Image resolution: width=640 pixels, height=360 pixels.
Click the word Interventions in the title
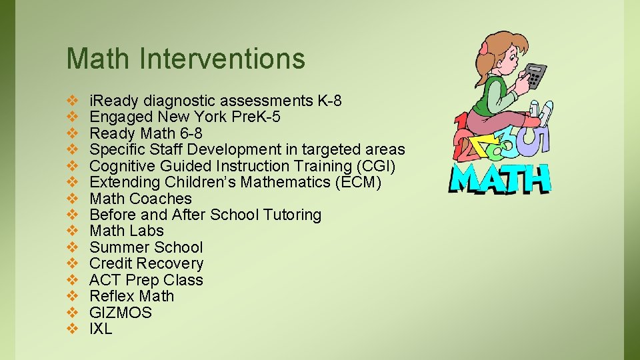click(222, 59)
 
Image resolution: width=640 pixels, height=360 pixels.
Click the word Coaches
click(161, 199)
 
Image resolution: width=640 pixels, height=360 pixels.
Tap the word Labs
click(147, 231)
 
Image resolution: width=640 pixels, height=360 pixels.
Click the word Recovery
click(173, 263)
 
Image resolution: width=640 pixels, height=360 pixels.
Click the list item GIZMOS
click(121, 313)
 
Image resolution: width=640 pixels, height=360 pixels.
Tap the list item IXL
click(101, 329)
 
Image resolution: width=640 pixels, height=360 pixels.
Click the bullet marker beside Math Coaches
click(73, 199)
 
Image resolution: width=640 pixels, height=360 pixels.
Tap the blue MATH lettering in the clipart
click(501, 178)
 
